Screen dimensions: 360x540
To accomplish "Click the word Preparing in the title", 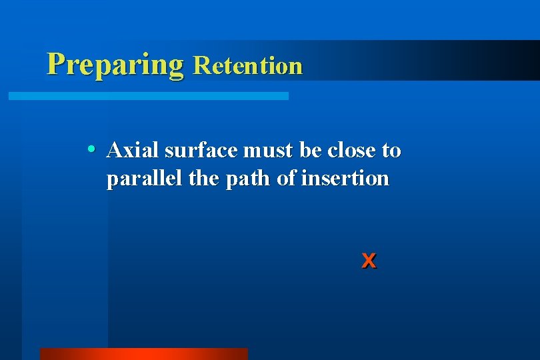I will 115,64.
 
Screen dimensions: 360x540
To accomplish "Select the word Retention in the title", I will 247,65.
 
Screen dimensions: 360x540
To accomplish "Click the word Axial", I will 133,150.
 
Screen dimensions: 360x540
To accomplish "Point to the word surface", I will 201,151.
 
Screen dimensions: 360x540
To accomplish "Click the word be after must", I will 310,150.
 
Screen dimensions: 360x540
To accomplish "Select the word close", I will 351,150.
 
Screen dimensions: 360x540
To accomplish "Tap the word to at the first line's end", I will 391,151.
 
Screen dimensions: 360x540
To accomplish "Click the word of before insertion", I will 287,179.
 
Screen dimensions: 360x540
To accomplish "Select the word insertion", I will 345,179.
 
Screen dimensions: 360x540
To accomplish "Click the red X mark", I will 369,261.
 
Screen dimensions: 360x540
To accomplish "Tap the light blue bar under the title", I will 148,96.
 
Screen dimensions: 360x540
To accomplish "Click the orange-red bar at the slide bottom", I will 143,353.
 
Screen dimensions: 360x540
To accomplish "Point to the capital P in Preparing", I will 57,63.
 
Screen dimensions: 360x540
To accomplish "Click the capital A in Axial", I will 113,150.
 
